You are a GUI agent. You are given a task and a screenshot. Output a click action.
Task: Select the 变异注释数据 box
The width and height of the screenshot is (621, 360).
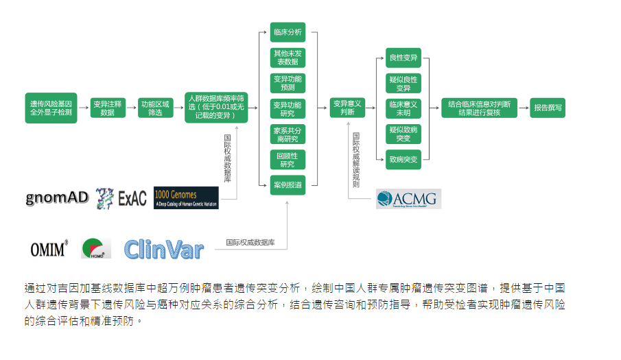point(108,108)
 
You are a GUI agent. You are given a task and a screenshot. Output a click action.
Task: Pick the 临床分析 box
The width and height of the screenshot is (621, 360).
point(288,32)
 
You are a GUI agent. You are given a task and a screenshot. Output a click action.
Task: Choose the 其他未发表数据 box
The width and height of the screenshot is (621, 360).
point(288,57)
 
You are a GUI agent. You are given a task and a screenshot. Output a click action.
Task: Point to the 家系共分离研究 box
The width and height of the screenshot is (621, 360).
point(288,134)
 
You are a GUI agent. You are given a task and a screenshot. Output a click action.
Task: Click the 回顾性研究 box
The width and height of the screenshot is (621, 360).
point(288,160)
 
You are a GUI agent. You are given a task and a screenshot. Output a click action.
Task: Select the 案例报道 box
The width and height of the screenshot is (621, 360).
point(288,185)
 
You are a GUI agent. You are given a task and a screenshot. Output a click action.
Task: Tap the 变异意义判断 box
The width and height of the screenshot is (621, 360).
point(347,108)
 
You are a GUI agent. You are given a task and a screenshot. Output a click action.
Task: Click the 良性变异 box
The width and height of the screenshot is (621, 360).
point(403,58)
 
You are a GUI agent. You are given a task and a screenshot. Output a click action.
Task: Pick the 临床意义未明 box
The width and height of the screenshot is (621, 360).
point(403,108)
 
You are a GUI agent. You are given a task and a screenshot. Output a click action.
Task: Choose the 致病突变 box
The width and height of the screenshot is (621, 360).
point(403,159)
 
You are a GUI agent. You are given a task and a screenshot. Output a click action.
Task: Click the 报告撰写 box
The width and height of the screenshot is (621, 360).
point(548,108)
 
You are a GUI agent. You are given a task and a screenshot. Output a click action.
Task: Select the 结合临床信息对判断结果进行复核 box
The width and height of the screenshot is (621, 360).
point(479,108)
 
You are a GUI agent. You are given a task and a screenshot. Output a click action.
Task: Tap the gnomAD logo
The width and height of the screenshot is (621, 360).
point(58,198)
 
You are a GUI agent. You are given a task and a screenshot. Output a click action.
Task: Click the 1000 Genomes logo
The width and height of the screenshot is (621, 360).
point(186,197)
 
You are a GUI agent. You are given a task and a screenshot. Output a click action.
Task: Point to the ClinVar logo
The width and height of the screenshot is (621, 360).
point(164,250)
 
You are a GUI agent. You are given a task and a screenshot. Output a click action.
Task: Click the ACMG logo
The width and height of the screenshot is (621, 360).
point(408,199)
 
